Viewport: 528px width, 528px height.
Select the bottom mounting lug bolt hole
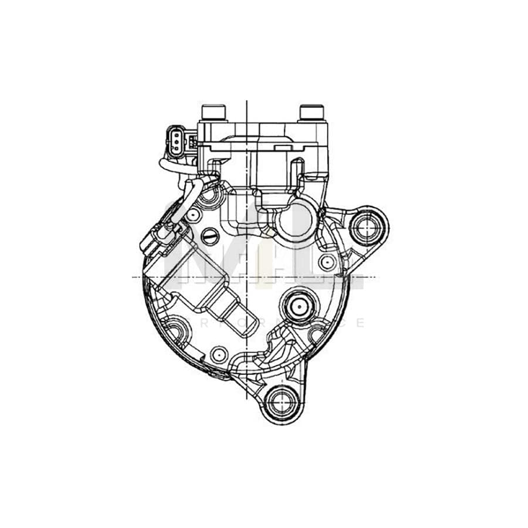tap(277, 401)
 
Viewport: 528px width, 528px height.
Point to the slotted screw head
tap(209, 235)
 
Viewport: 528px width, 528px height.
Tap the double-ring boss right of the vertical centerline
tap(297, 305)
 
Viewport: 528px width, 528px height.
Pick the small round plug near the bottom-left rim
tap(218, 354)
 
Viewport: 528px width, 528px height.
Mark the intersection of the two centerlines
tap(247, 276)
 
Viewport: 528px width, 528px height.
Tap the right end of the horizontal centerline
tap(374, 276)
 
